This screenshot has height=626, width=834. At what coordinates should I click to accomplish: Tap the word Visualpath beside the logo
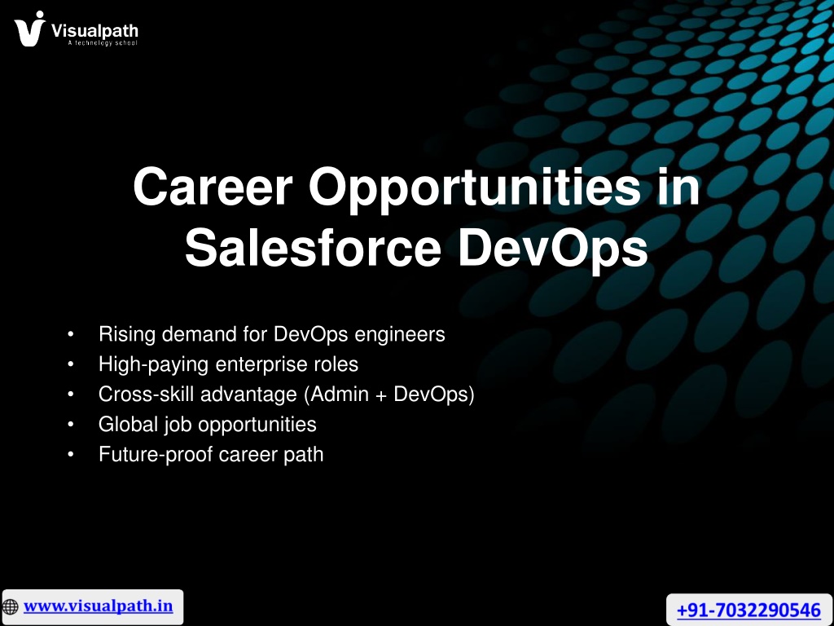click(94, 31)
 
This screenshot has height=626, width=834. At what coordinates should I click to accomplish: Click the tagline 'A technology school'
click(103, 42)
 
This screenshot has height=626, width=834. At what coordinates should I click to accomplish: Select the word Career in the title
click(213, 187)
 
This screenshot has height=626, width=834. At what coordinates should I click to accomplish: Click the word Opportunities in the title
click(475, 190)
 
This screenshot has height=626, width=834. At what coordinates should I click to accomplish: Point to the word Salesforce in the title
click(313, 248)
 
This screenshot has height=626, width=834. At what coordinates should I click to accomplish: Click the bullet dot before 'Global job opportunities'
click(71, 425)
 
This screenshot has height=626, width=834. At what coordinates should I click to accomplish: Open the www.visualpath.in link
click(99, 606)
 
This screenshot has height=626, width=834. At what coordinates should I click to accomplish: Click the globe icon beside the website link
click(10, 606)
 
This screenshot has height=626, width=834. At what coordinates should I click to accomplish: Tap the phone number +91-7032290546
click(748, 610)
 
